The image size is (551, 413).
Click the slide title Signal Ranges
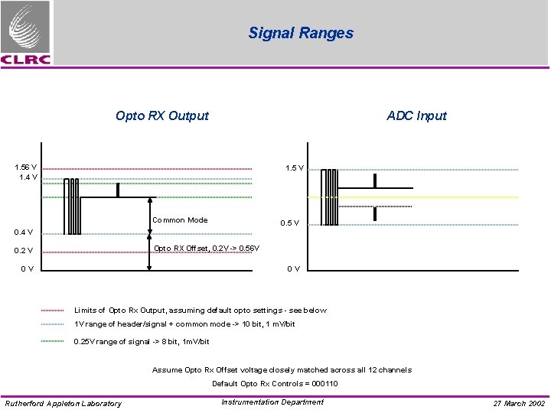pyautogui.click(x=301, y=33)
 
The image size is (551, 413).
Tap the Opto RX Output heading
pyautogui.click(x=161, y=116)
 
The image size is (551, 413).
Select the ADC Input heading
pyautogui.click(x=416, y=116)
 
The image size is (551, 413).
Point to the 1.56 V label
pyautogui.click(x=26, y=167)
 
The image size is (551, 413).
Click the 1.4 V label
pyautogui.click(x=29, y=177)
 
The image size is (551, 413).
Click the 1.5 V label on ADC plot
pyautogui.click(x=294, y=168)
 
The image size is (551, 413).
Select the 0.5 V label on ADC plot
pyautogui.click(x=289, y=223)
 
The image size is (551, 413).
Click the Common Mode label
pyautogui.click(x=180, y=220)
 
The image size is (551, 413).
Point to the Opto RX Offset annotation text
pyautogui.click(x=207, y=248)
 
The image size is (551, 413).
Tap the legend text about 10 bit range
pyautogui.click(x=184, y=325)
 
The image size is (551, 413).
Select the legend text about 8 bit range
pyautogui.click(x=141, y=342)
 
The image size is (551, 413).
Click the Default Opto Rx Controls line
pyautogui.click(x=275, y=384)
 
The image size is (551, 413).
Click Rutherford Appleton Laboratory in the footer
pyautogui.click(x=63, y=404)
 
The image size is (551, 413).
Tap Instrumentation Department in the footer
pyautogui.click(x=272, y=402)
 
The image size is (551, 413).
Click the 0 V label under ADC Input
pyautogui.click(x=293, y=268)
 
